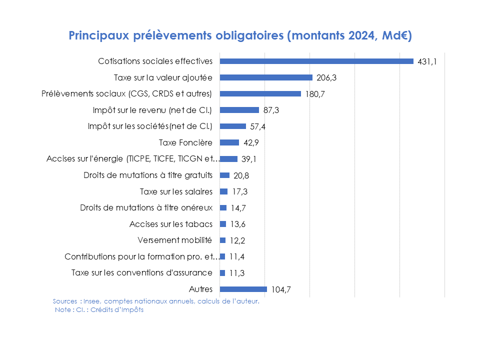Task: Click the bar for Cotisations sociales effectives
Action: pyautogui.click(x=316, y=61)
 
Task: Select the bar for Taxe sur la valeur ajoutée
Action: pyautogui.click(x=266, y=77)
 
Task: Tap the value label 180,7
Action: pyautogui.click(x=315, y=94)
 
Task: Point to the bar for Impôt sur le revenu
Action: pyautogui.click(x=239, y=110)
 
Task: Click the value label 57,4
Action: pyautogui.click(x=257, y=126)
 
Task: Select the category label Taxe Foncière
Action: pyautogui.click(x=185, y=142)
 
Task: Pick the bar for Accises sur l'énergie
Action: pyautogui.click(x=228, y=159)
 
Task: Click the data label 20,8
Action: pyautogui.click(x=241, y=175)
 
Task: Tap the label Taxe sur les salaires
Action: pyautogui.click(x=176, y=191)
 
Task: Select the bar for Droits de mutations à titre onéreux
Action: pyautogui.click(x=223, y=207)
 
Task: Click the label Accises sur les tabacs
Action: pyautogui.click(x=171, y=224)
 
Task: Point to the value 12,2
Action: pyautogui.click(x=238, y=240)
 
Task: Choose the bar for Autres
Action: pyautogui.click(x=243, y=289)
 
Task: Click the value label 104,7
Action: pyautogui.click(x=281, y=289)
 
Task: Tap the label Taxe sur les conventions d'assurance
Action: pyautogui.click(x=142, y=272)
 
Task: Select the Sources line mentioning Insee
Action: pyautogui.click(x=156, y=301)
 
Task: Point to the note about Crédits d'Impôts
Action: pyautogui.click(x=99, y=310)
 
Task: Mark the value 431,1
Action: pyautogui.click(x=427, y=61)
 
